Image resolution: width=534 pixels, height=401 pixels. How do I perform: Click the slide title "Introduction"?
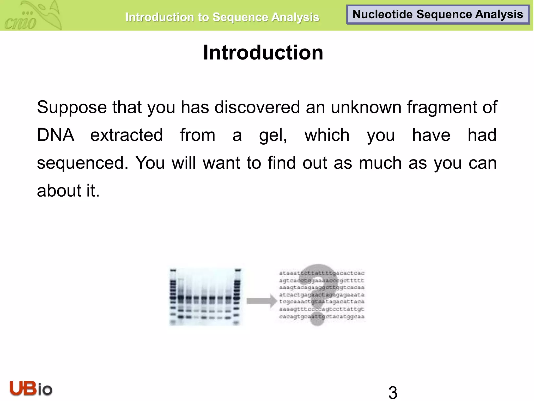coord(263,52)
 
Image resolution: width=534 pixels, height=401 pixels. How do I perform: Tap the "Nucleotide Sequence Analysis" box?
coord(438,15)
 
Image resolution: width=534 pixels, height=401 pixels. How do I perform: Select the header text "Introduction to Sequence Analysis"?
coord(222,17)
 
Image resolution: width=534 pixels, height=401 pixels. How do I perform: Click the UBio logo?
coord(31,388)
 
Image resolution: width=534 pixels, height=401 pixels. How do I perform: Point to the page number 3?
coord(393,392)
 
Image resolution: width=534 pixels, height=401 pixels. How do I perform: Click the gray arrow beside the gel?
coord(261,301)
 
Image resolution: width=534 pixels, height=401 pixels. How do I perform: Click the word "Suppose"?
coord(72,107)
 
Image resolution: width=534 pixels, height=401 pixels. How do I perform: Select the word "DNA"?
coord(56,135)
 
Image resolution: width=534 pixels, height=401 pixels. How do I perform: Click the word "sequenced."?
coord(82,163)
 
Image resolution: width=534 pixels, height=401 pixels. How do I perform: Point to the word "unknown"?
coord(366,107)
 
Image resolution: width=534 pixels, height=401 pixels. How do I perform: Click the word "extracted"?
coord(126,135)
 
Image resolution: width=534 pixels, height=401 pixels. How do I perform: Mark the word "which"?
coord(327,135)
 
